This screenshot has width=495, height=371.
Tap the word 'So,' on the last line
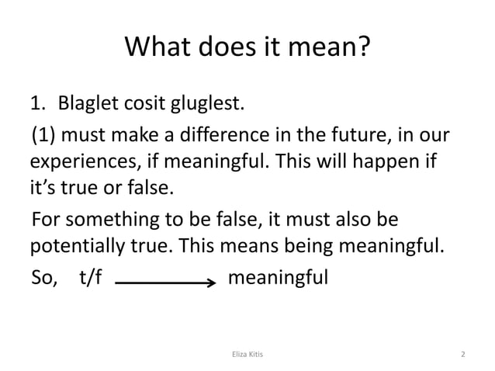tap(43, 277)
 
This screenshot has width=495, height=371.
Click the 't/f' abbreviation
tap(91, 277)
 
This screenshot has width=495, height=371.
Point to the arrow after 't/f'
tap(165, 283)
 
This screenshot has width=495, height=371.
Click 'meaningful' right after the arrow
tap(279, 277)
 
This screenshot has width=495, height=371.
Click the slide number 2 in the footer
tap(462, 354)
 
